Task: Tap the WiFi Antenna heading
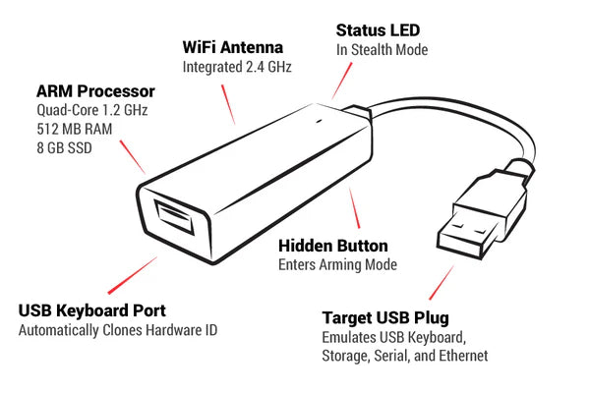point(233,47)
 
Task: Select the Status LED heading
point(379,30)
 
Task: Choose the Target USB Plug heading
point(385,318)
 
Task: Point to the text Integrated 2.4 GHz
point(237,67)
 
